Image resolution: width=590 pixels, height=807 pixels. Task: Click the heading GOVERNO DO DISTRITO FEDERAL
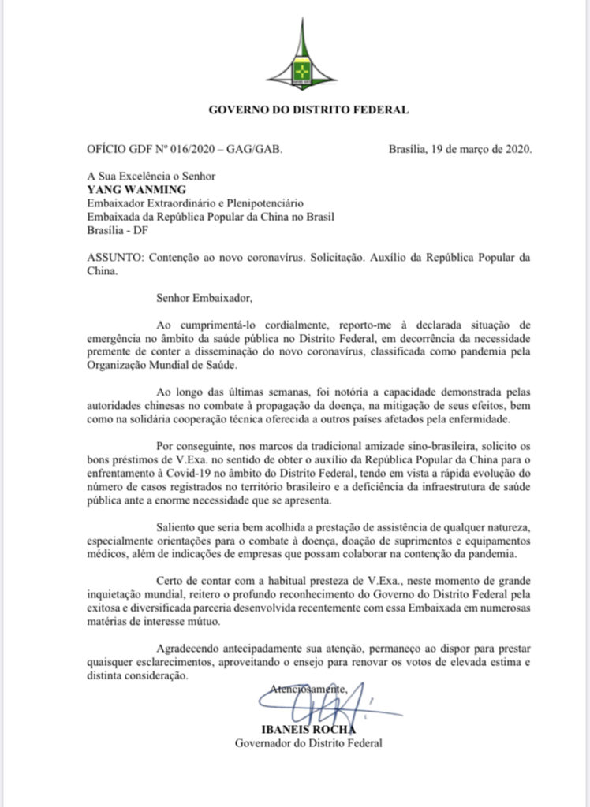pos(308,110)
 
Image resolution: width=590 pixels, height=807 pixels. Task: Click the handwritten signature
pos(319,701)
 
